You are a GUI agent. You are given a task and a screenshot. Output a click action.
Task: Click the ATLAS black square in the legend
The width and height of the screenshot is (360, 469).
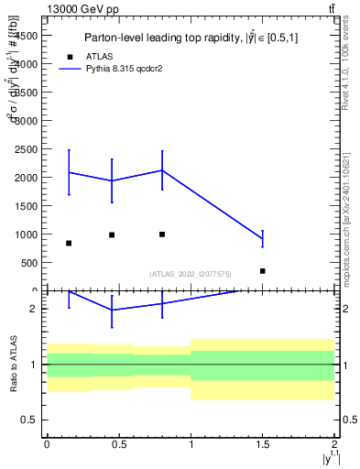click(69, 56)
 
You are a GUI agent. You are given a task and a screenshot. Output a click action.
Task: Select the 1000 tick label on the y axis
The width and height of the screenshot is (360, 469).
click(26, 234)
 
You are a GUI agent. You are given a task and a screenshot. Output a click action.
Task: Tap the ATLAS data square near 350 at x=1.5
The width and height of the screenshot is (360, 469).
click(263, 271)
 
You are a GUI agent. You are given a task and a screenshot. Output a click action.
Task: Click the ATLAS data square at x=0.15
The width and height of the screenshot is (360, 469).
click(69, 243)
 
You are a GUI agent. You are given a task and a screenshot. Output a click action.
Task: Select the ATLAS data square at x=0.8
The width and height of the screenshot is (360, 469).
click(162, 234)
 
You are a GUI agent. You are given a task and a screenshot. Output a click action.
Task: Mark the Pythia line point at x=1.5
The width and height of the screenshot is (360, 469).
click(263, 239)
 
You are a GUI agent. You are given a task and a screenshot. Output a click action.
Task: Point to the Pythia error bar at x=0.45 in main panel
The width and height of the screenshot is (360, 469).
click(112, 180)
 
